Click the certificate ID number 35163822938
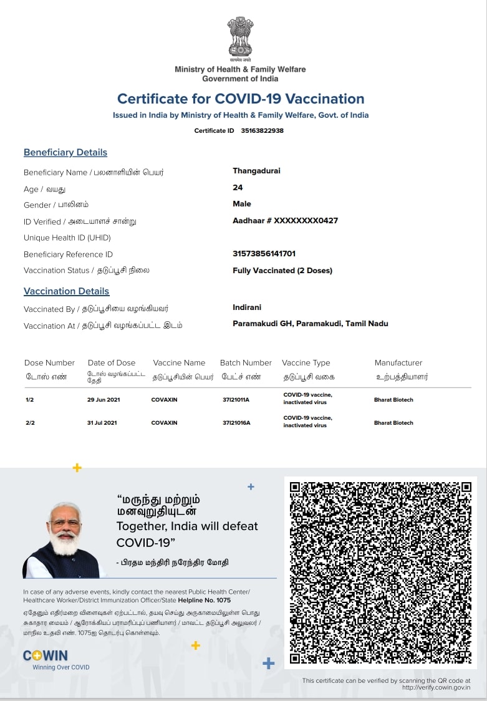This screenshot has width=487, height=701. (262, 130)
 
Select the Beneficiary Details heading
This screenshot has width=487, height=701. (65, 152)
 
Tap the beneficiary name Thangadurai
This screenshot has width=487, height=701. (256, 171)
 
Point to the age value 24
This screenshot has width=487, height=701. (238, 187)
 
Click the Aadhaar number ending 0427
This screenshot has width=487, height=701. (285, 220)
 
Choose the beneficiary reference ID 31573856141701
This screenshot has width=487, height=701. (264, 253)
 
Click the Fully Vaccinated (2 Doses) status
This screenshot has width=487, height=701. (282, 270)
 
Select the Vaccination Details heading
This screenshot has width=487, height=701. (66, 291)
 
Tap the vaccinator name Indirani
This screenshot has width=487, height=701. (247, 307)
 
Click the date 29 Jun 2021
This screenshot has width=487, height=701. (102, 400)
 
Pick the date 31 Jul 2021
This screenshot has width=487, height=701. (102, 423)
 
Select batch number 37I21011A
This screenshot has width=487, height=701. (236, 400)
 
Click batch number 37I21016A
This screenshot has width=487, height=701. (236, 423)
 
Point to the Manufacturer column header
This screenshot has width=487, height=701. (398, 362)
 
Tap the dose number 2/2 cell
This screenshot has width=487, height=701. (30, 423)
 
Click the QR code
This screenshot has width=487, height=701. (380, 573)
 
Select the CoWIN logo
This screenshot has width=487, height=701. (46, 655)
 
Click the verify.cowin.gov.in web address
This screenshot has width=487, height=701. (436, 688)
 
